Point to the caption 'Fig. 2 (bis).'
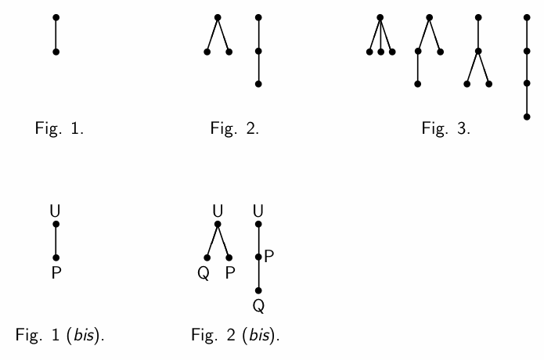point(236,337)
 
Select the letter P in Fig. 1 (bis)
point(56,273)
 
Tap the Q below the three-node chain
point(258,304)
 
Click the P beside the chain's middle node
point(268,255)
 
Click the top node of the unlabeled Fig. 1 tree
point(56,16)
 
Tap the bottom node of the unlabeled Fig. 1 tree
point(56,52)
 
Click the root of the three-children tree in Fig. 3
point(380,16)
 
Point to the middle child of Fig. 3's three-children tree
point(380,52)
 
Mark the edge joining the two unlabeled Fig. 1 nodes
point(56,34)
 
